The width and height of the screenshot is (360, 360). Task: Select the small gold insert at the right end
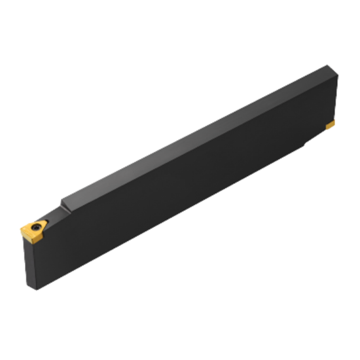click(x=331, y=124)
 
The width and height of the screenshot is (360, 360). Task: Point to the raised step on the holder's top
click(x=63, y=203)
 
